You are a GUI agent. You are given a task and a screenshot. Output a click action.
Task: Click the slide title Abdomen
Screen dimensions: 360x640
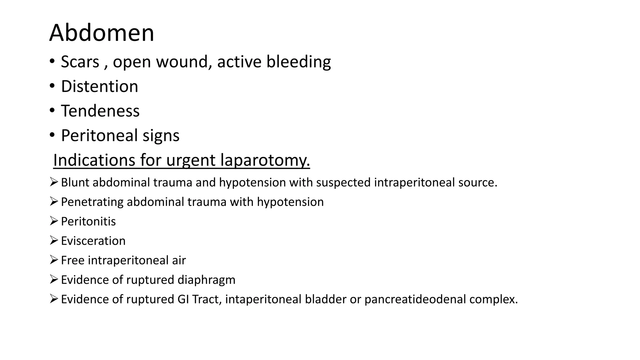click(102, 33)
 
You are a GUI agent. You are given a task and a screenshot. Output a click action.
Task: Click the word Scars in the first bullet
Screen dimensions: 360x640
click(80, 62)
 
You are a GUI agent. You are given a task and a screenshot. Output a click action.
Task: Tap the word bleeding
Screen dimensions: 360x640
click(298, 62)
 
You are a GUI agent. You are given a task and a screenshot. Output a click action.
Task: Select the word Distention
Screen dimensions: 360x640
click(99, 86)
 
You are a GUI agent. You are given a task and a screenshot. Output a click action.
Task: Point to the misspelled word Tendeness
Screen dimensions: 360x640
click(100, 111)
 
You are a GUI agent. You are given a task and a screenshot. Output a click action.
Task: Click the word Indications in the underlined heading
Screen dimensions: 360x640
click(94, 160)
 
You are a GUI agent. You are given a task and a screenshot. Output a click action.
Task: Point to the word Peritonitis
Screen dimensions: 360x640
click(88, 222)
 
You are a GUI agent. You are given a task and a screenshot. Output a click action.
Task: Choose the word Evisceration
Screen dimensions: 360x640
click(93, 241)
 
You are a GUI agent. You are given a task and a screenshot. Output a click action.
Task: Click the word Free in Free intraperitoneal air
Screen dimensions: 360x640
click(72, 260)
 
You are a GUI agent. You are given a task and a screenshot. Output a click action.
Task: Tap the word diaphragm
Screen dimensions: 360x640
click(206, 280)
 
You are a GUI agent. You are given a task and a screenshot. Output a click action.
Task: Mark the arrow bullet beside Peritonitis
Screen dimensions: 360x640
click(54, 221)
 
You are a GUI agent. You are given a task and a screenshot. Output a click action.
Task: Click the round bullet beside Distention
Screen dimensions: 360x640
click(52, 86)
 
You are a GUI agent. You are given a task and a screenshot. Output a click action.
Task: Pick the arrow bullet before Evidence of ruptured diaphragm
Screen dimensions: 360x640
click(54, 279)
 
